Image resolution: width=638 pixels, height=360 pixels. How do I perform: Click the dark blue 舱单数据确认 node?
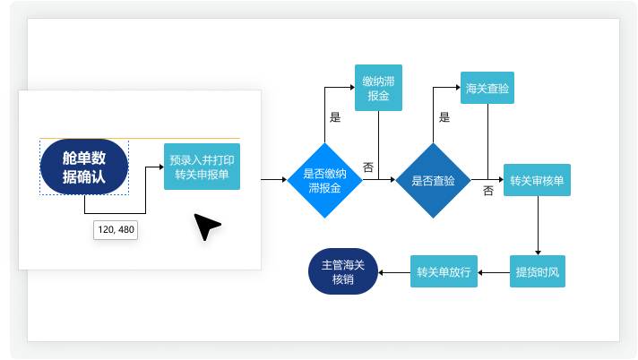(x=84, y=167)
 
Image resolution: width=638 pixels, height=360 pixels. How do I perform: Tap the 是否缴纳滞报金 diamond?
(x=324, y=180)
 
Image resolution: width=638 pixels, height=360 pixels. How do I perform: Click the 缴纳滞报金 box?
(x=378, y=88)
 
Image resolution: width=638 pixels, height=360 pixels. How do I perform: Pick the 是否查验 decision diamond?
(x=433, y=180)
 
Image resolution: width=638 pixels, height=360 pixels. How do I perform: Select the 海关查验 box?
(x=487, y=88)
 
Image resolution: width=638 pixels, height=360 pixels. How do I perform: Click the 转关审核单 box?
(x=537, y=180)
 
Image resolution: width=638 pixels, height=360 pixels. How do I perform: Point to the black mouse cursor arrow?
(x=206, y=227)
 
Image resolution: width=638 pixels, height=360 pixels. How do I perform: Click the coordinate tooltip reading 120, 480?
(x=116, y=230)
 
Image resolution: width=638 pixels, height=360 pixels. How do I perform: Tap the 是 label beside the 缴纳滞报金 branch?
(x=335, y=117)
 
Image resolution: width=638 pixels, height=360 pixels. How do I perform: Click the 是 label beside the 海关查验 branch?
(x=444, y=117)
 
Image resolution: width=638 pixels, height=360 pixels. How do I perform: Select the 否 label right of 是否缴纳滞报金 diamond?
(x=368, y=167)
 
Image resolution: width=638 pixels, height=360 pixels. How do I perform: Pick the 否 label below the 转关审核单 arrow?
(x=488, y=191)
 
